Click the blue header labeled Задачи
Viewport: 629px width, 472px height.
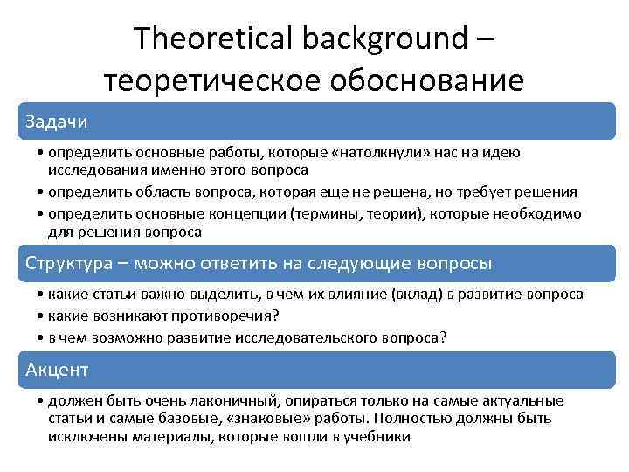pos(57,120)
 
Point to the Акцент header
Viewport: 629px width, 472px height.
pos(57,370)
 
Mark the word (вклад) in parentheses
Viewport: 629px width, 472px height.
pos(412,295)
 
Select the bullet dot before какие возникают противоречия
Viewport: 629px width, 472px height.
pos(42,316)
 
